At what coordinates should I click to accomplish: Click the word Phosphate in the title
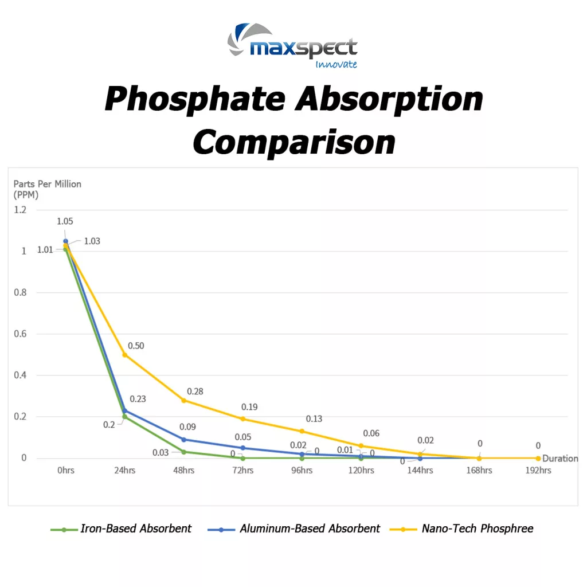point(195,99)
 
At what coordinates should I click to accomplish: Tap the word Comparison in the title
point(293,141)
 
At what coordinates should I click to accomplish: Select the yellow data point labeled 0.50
point(125,354)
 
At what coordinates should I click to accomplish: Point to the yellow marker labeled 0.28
point(184,400)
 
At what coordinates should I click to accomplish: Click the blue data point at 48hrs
point(184,439)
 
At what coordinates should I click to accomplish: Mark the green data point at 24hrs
point(125,417)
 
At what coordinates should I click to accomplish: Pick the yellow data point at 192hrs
point(538,458)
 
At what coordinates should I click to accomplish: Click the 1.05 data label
point(65,221)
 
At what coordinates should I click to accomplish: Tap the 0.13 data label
point(314,418)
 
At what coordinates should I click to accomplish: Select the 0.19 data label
point(249,407)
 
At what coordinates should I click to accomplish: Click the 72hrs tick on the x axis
point(243,471)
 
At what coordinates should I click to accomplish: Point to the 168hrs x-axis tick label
point(479,471)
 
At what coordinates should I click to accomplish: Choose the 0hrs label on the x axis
point(65,471)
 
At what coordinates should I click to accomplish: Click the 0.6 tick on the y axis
point(20,334)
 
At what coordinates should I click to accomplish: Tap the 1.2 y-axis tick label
point(20,210)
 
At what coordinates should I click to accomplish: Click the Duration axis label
point(560,458)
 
